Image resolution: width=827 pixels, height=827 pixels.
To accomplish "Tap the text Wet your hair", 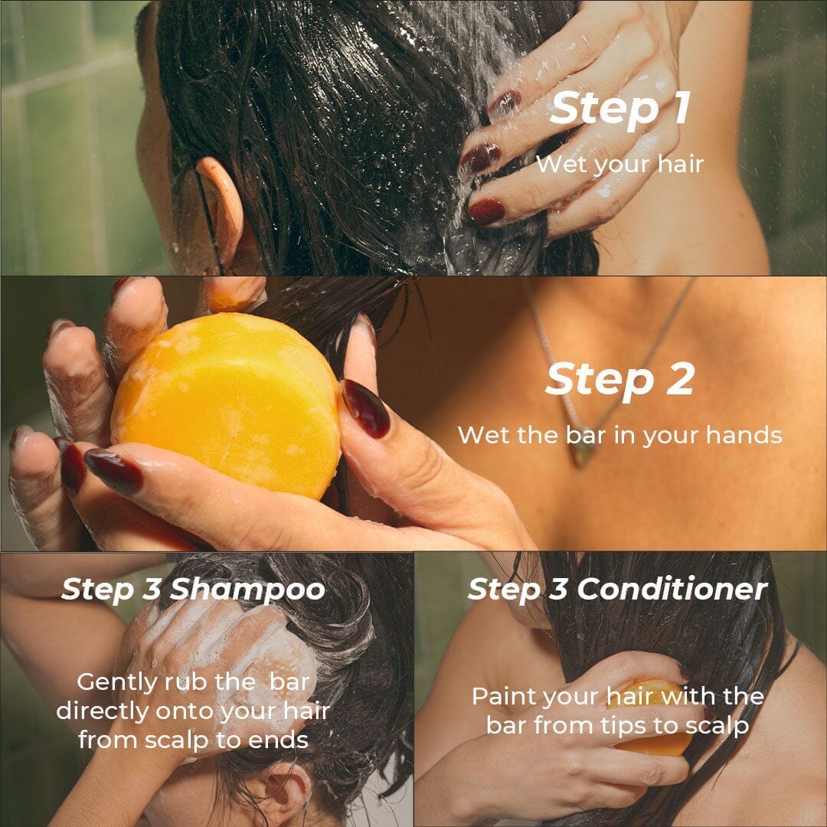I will (x=619, y=164).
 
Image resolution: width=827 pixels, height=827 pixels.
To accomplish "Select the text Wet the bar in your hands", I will (x=619, y=435).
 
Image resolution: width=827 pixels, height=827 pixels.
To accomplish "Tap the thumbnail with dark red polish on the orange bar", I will (x=366, y=408).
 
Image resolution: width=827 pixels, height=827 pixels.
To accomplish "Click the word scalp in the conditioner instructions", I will (x=716, y=725).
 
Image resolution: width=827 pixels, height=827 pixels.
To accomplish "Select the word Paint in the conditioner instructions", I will (x=501, y=696).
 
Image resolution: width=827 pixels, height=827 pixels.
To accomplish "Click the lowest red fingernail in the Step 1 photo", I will (x=486, y=211).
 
